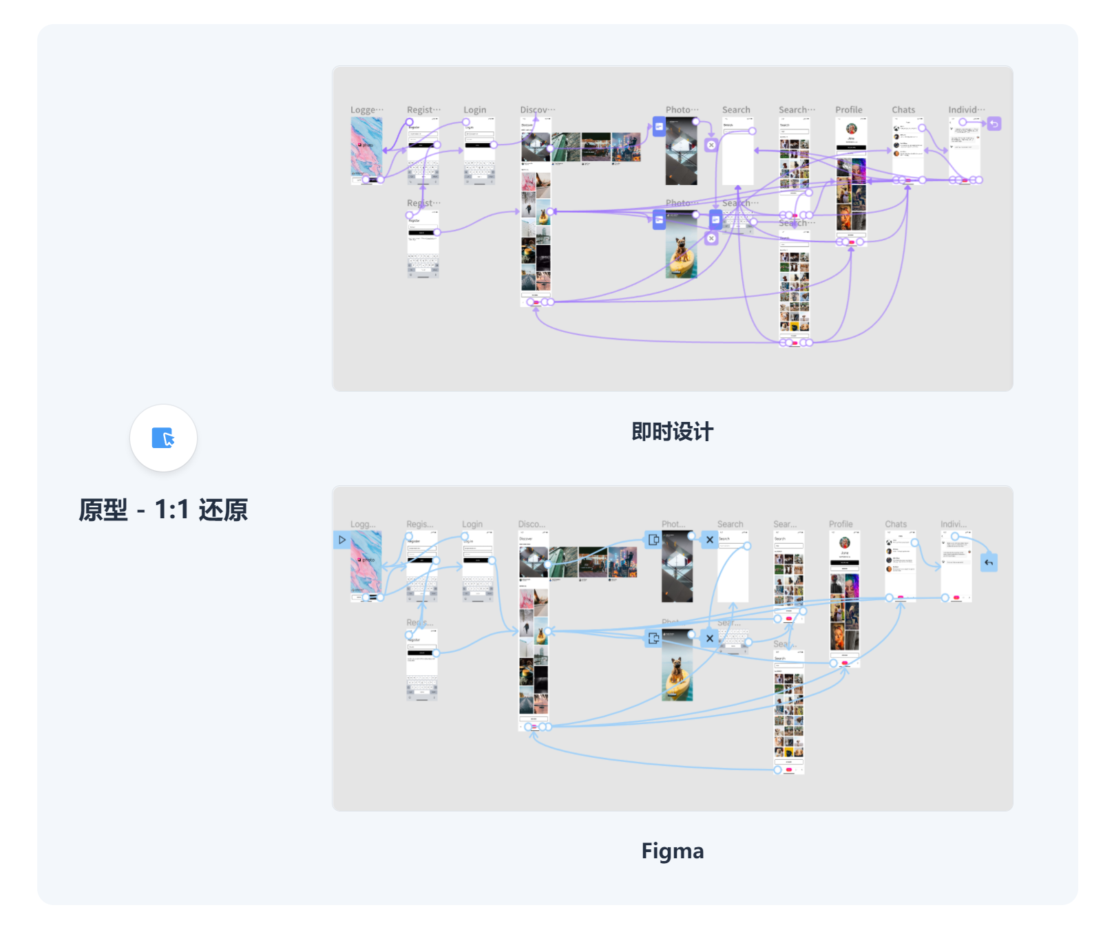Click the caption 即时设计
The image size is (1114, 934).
click(x=672, y=432)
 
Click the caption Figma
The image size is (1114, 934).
click(x=672, y=851)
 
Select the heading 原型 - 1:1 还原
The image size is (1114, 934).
click(x=163, y=510)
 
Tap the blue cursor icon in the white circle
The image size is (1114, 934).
click(x=163, y=438)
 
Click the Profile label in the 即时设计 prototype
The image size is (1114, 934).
click(x=848, y=110)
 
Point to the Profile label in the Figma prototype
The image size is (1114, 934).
click(x=840, y=524)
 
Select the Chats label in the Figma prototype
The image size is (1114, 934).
click(x=895, y=524)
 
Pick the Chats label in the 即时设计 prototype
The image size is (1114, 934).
click(x=903, y=110)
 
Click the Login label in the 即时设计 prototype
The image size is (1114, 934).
click(x=474, y=110)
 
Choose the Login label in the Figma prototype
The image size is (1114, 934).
click(x=472, y=524)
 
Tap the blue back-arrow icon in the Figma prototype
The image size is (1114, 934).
click(x=989, y=562)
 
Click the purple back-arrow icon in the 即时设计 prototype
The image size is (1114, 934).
click(x=994, y=124)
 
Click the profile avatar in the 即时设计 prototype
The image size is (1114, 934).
click(x=851, y=129)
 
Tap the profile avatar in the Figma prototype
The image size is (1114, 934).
click(x=844, y=542)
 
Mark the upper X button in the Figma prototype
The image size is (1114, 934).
click(x=709, y=540)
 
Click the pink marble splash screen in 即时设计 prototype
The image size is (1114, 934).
click(x=366, y=146)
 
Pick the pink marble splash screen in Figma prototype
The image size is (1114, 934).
click(x=366, y=561)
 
